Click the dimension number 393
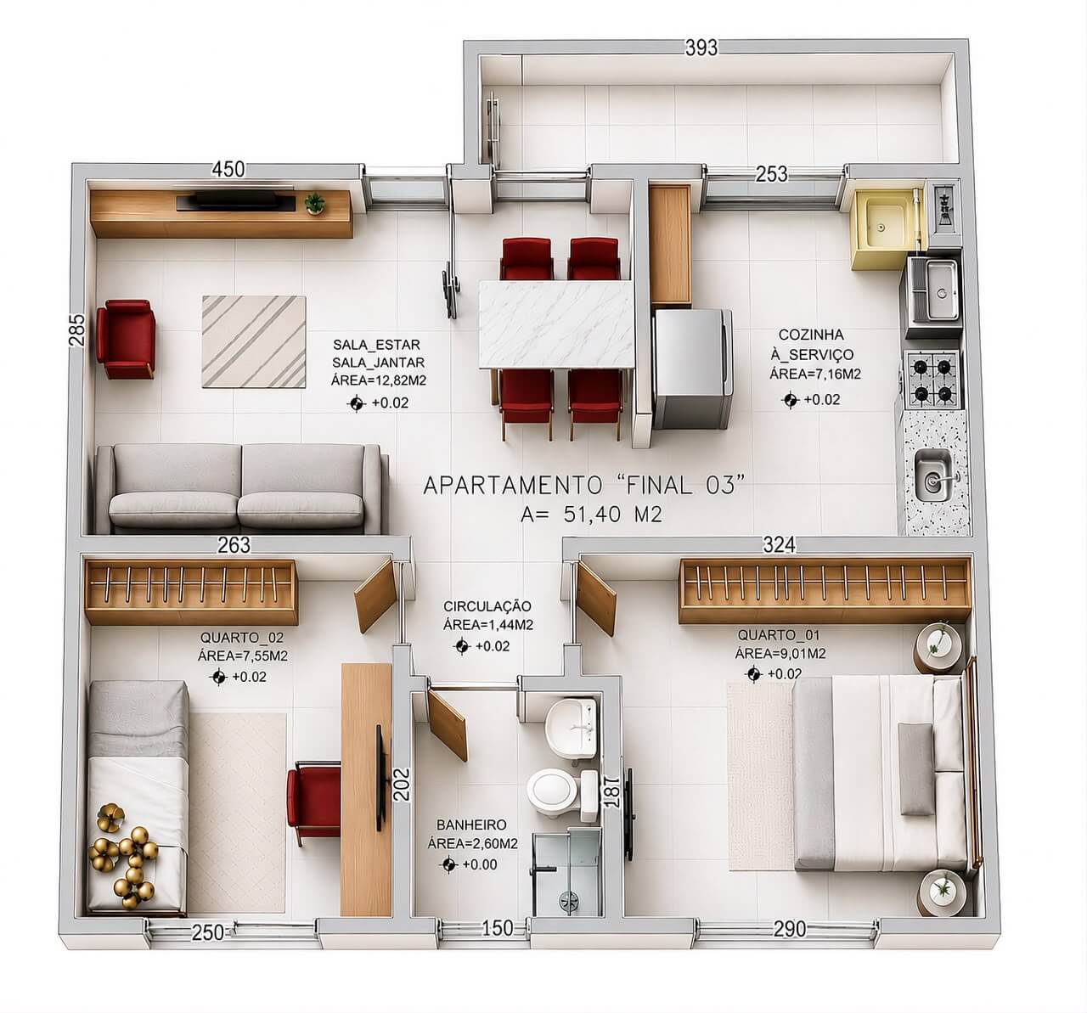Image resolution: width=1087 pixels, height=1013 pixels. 701,48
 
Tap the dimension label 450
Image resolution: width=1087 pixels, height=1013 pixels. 228,169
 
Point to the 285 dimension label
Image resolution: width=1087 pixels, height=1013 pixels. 77,329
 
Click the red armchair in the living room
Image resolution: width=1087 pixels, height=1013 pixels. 126,339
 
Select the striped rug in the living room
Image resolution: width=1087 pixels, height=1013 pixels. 254,341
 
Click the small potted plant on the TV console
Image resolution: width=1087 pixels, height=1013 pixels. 315,203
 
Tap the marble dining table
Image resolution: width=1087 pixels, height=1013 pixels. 556,324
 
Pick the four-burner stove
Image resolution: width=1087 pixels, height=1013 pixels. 932,380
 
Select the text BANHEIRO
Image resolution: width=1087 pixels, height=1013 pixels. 471,824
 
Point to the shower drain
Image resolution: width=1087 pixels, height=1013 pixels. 567,898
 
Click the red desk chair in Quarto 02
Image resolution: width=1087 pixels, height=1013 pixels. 314,800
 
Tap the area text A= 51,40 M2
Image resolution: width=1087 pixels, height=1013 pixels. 591,515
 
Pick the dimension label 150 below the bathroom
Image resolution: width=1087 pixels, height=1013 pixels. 498,928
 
